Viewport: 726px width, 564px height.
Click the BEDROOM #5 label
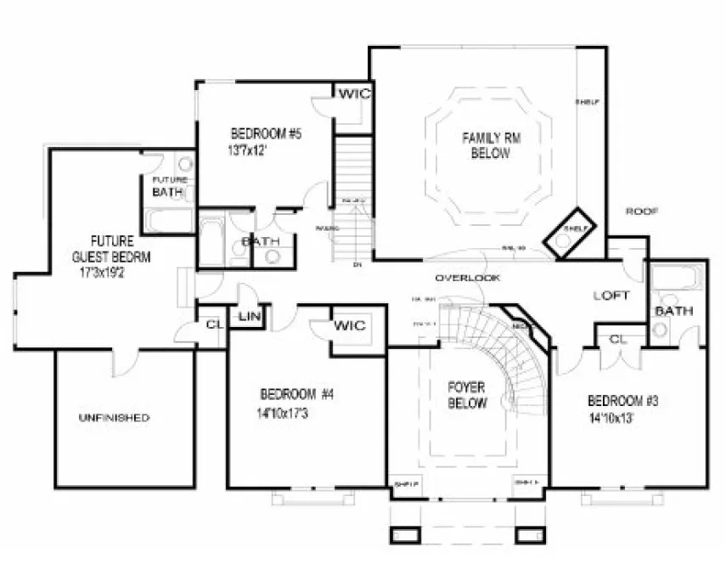266,133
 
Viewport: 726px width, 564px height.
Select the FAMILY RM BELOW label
486,145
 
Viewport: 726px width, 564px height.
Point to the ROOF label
642,211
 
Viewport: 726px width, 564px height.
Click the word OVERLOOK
467,278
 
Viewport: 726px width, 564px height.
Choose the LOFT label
611,296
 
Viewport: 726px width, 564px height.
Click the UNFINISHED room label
114,418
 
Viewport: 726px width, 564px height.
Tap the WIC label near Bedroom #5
354,94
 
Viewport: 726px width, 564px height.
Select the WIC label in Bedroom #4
349,325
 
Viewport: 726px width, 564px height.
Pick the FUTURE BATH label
169,187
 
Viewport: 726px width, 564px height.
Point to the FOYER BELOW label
467,395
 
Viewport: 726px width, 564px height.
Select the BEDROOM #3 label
623,401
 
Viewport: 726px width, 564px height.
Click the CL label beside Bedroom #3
618,339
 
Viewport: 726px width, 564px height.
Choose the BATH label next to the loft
673,312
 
